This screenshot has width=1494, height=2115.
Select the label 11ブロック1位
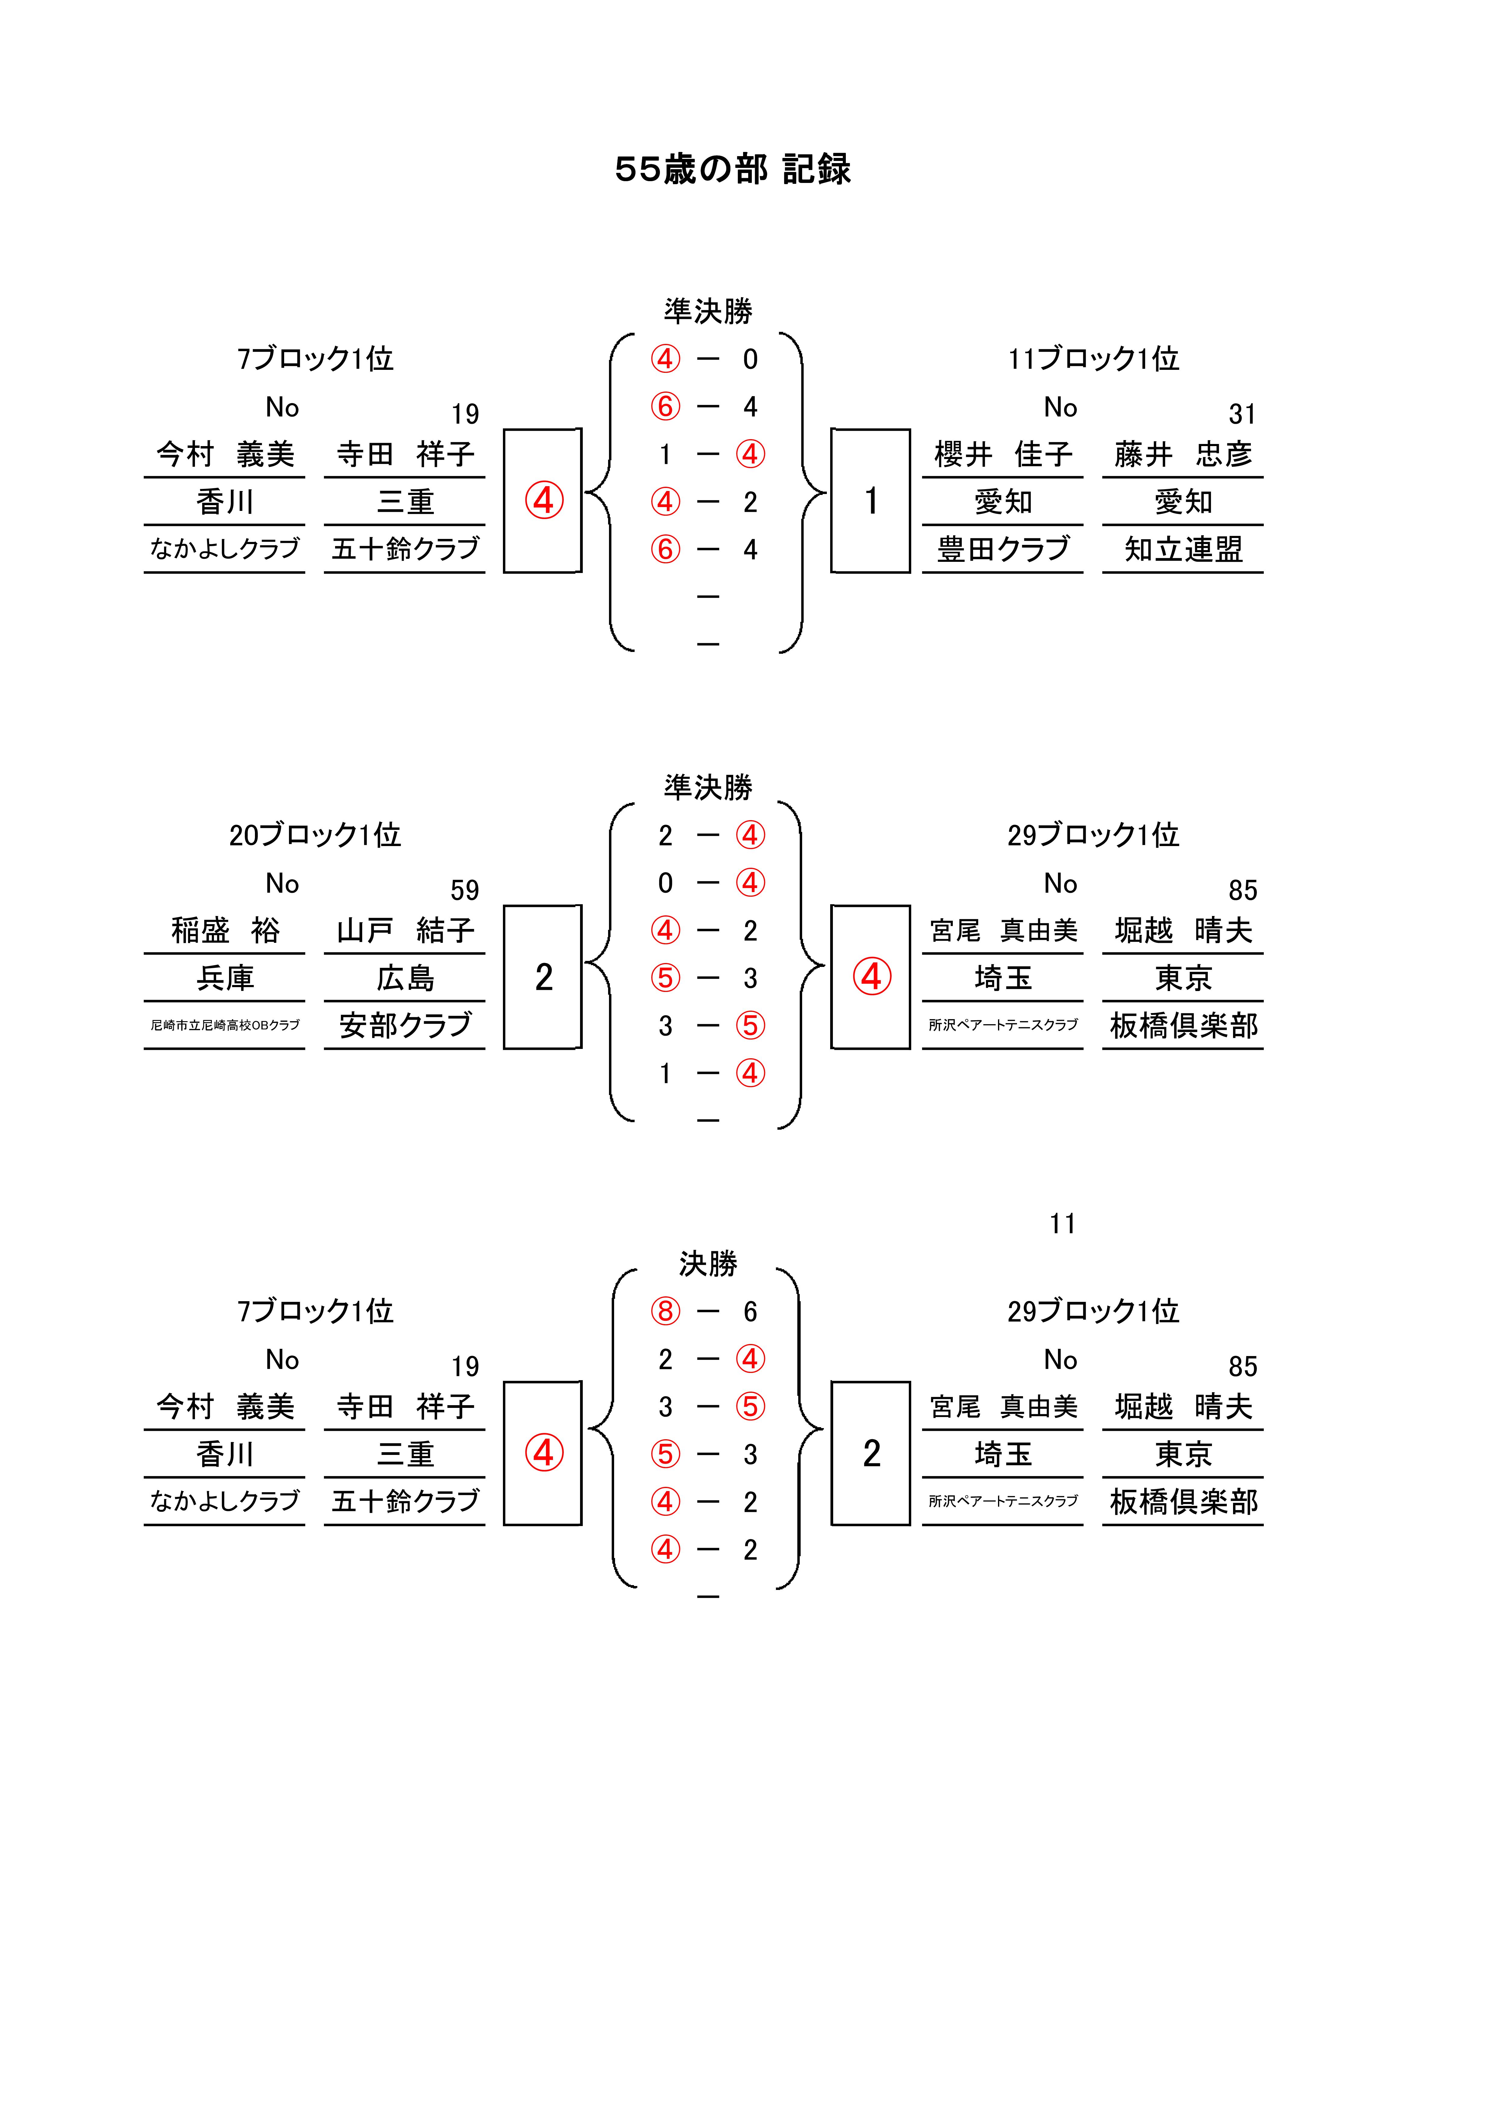[1093, 358]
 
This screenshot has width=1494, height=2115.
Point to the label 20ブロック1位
[315, 835]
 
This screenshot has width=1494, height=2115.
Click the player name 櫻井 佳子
[1003, 454]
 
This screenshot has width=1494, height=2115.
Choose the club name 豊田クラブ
[1003, 549]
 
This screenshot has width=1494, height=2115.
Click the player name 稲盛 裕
[225, 930]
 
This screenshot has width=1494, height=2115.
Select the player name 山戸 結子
[405, 930]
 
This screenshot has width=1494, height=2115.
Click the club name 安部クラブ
[405, 1025]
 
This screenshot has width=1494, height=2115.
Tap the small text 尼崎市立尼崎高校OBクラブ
[225, 1025]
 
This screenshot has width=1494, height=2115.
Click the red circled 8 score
[665, 1311]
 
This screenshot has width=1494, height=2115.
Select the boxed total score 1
[871, 501]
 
